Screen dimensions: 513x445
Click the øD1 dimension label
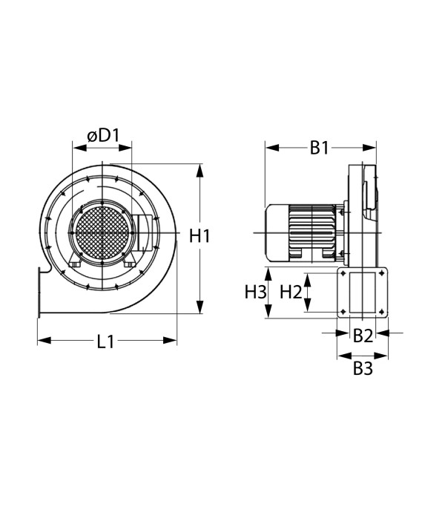[103, 136]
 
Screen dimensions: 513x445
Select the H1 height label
[200, 236]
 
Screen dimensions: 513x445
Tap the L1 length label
[106, 342]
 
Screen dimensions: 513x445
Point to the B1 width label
[319, 148]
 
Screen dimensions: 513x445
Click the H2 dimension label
[291, 292]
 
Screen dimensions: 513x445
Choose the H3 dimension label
[255, 292]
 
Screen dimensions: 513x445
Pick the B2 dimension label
[362, 335]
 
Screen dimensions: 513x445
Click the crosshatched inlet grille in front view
[102, 231]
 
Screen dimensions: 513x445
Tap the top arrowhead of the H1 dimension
[200, 171]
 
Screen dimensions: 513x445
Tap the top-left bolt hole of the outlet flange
[343, 275]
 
